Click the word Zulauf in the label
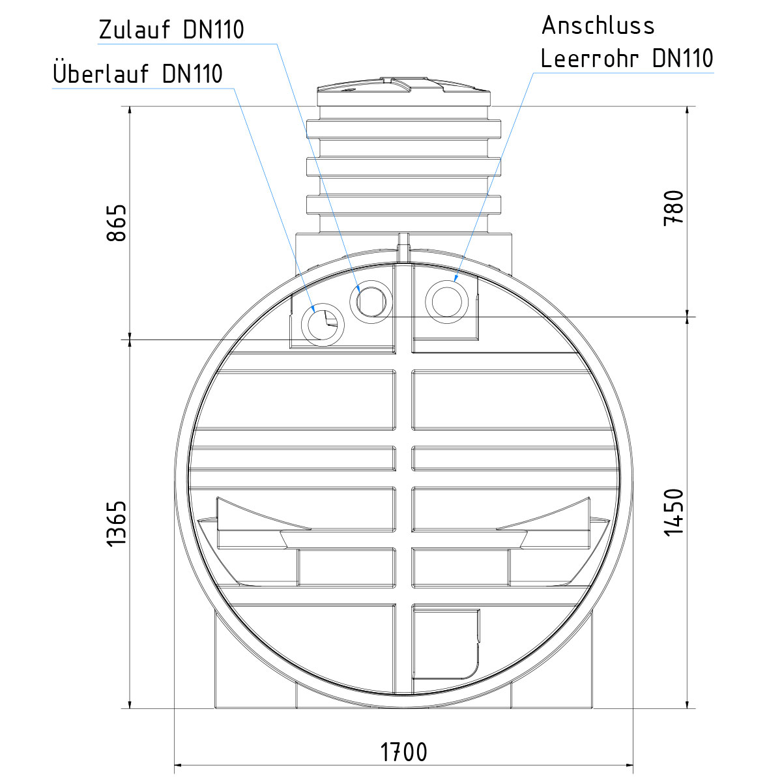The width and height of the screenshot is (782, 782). pos(134,29)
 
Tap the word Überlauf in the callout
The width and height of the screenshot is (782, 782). pos(100,73)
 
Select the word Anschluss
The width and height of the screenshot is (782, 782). pos(598,25)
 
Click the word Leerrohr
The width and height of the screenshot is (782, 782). pos(590,58)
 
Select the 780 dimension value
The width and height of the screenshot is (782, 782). pos(674,208)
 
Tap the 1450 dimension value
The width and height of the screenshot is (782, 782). pos(674,512)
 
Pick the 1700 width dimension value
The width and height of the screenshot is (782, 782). pos(403,752)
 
